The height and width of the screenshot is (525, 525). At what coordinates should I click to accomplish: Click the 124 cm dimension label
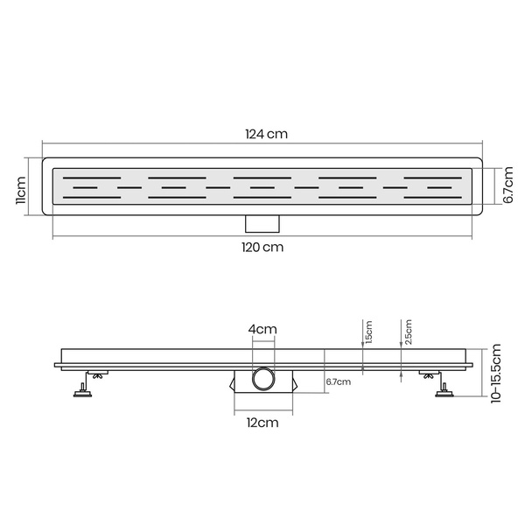coord(267,134)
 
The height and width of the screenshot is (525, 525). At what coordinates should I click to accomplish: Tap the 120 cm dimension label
coord(262,248)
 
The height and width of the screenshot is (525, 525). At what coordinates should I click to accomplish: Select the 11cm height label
coord(21,190)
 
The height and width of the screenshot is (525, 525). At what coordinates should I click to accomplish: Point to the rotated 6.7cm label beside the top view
coord(507,185)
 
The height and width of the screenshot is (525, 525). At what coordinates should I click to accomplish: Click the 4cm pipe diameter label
coord(262,330)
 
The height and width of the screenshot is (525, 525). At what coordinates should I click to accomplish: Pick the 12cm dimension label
coord(262,423)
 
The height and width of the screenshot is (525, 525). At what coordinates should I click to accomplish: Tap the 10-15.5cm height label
coord(496,374)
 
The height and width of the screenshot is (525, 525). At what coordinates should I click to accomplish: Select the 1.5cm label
coord(368,332)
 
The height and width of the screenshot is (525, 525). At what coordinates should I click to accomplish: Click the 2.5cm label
coord(408,332)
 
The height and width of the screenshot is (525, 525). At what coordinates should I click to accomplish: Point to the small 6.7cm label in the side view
coord(339,381)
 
